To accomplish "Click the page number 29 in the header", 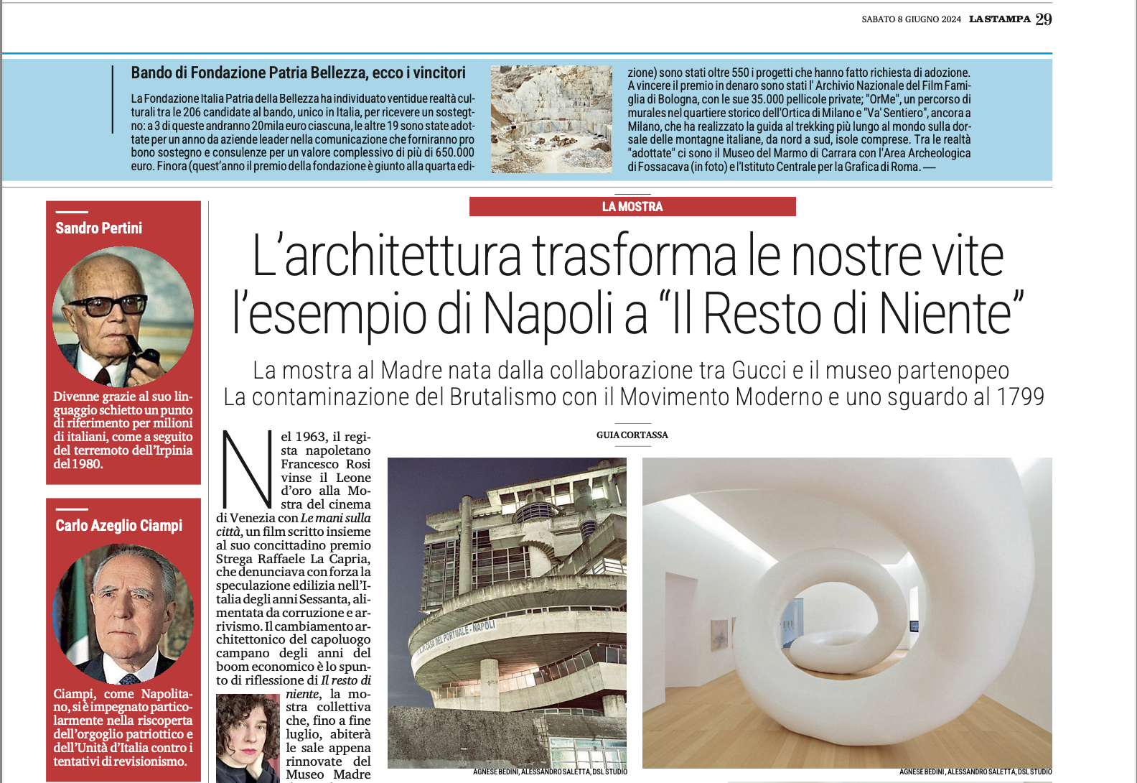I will [x=1044, y=19].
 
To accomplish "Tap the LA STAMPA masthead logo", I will [x=999, y=19].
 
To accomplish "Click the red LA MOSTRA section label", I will [x=632, y=207].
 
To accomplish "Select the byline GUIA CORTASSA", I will [x=632, y=435].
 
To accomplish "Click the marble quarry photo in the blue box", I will [x=551, y=119].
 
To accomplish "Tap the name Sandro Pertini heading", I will [x=99, y=228].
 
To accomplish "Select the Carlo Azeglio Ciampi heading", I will [x=119, y=526].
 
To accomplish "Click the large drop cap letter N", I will [x=246, y=471].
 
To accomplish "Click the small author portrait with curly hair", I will [x=248, y=738].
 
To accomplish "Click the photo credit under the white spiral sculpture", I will [x=975, y=772].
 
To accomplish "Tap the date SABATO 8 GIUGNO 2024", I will [x=911, y=19].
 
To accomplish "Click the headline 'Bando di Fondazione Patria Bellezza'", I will [x=298, y=73].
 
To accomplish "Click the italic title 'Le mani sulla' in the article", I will [x=336, y=518].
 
